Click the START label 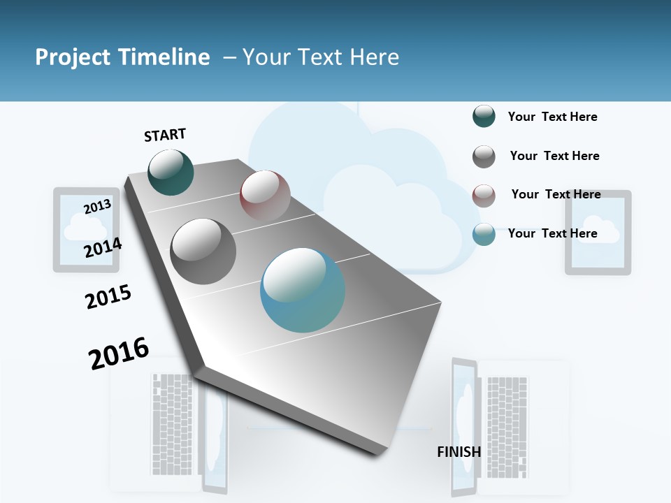[165, 135]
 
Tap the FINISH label [459, 452]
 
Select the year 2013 [97, 206]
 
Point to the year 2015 [108, 297]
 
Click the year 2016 [119, 353]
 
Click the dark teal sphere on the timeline [171, 172]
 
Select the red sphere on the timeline [265, 196]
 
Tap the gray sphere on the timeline [203, 251]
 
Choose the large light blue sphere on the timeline [303, 290]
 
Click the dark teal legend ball [484, 117]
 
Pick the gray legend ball [484, 156]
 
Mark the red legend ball [484, 196]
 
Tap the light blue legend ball [484, 234]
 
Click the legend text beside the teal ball [552, 117]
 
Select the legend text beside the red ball [556, 194]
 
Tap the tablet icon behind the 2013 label [85, 229]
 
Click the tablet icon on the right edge [598, 232]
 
